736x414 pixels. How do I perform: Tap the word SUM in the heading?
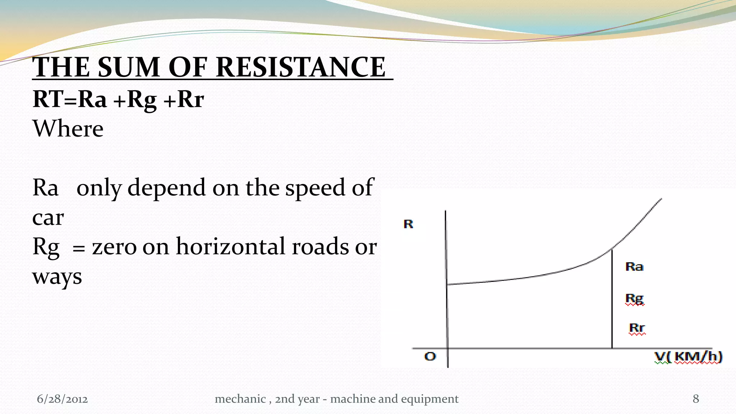pos(128,67)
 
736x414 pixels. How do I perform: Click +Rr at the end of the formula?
pos(184,99)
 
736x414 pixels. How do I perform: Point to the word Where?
pos(68,129)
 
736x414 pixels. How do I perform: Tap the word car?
pos(48,217)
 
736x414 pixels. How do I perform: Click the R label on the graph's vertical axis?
pos(408,224)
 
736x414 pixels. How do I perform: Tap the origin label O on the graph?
pos(430,356)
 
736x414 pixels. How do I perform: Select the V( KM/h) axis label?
pos(688,357)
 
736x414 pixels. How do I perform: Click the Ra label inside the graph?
pos(634,267)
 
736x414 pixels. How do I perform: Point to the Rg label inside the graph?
pos(635,299)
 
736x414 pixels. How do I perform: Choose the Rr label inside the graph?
pos(637,328)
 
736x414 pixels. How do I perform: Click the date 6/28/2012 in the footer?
pos(62,399)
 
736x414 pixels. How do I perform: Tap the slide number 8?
pos(696,399)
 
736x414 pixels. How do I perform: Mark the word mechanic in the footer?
pos(240,399)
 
